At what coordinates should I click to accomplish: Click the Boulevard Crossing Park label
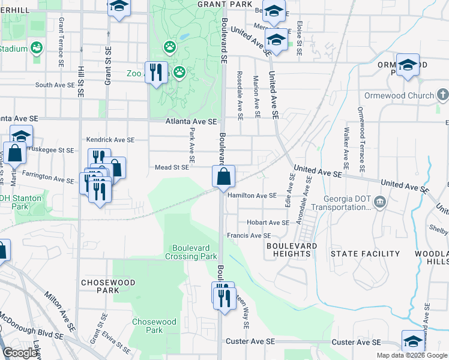point(191,251)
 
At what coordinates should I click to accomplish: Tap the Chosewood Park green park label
point(154,326)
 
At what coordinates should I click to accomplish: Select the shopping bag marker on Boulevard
point(223,177)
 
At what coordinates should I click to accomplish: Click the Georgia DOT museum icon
point(379,200)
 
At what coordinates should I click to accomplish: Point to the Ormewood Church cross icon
point(442,95)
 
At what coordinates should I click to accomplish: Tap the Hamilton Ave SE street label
point(252,195)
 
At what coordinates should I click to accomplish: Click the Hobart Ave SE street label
point(255,222)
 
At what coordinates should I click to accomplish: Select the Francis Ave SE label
point(249,236)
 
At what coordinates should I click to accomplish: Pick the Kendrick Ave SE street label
point(110,139)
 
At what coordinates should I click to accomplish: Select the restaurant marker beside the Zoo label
point(156,72)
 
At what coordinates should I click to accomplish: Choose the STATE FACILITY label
point(366,254)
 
